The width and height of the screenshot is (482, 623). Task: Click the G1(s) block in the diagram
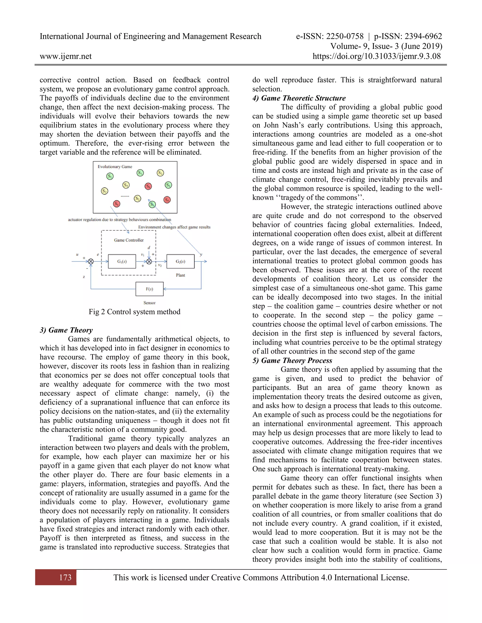point(122,261)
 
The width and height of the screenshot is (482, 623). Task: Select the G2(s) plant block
point(181,261)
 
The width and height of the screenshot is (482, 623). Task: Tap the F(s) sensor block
point(149,289)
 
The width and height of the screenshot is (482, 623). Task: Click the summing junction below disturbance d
point(149,261)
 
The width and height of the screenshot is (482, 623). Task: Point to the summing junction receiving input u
point(91,261)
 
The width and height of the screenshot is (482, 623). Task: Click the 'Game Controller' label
point(129,240)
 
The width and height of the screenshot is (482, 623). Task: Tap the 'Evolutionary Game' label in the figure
point(115,167)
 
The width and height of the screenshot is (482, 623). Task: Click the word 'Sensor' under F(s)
point(149,303)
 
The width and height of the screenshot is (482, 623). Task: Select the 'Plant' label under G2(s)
point(181,275)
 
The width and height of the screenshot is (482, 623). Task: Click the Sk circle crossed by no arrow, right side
point(167,200)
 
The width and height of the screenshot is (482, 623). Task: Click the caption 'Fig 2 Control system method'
point(134,311)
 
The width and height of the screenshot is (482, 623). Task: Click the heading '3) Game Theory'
point(66,330)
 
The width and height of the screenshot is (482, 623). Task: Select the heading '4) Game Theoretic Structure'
point(299,98)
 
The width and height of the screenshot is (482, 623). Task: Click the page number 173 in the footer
point(65,577)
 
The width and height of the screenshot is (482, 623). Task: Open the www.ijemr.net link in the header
point(66,56)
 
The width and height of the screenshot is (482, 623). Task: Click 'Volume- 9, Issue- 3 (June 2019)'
point(386,46)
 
